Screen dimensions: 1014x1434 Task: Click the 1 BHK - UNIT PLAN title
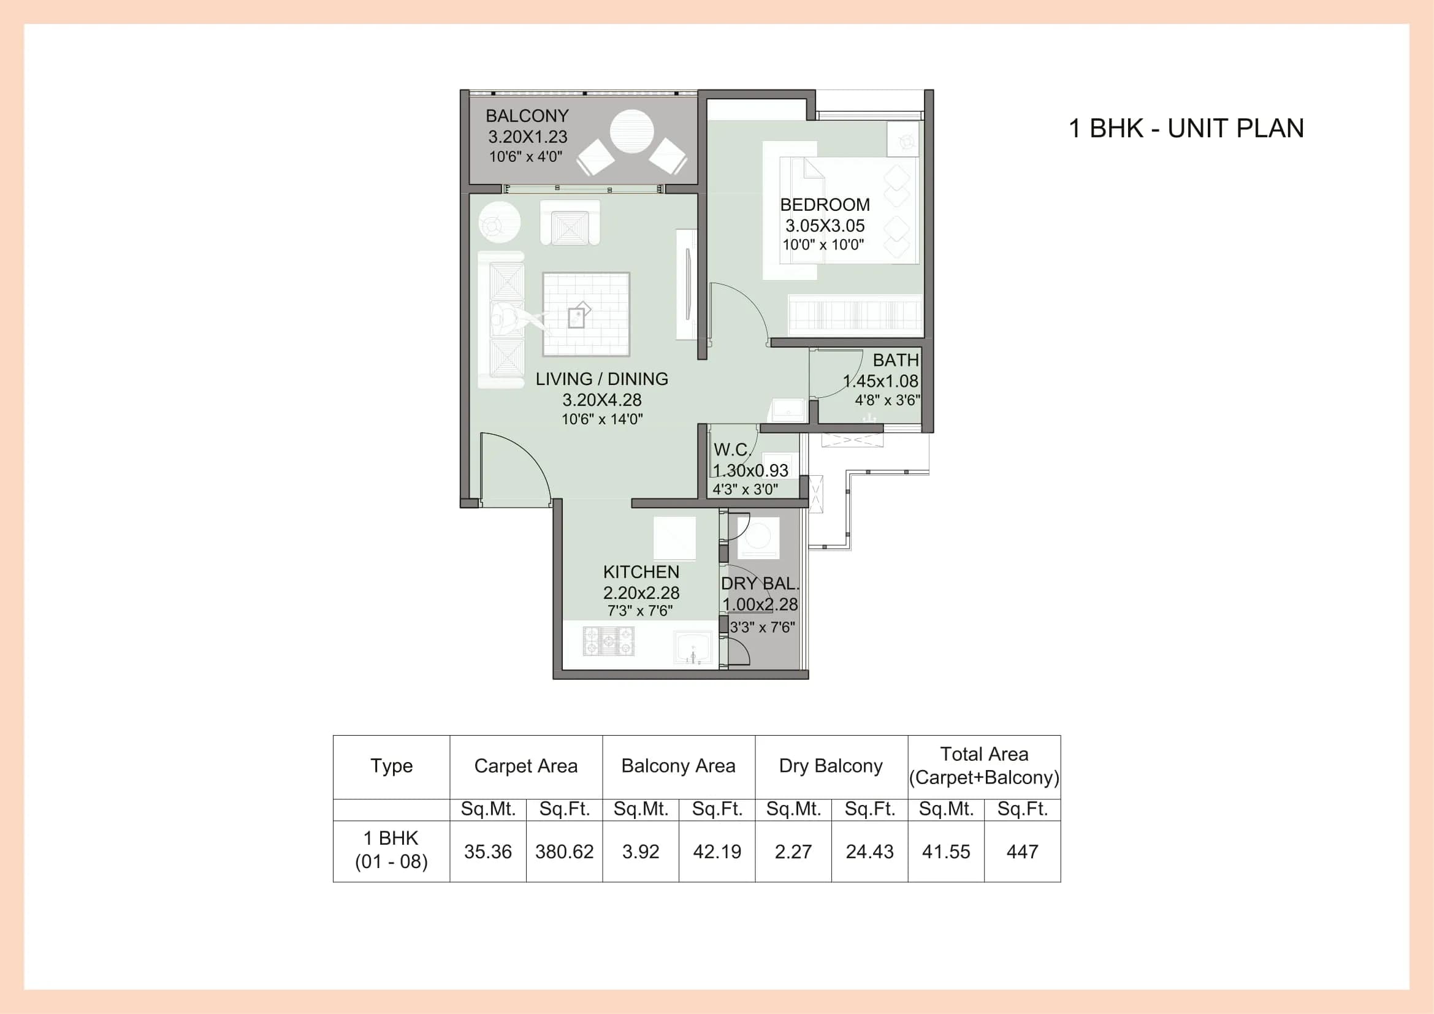pyautogui.click(x=1186, y=128)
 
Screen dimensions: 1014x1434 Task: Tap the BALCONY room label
pyautogui.click(x=527, y=116)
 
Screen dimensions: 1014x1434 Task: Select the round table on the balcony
pyautogui.click(x=631, y=132)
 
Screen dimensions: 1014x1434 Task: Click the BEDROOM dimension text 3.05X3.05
pyautogui.click(x=825, y=226)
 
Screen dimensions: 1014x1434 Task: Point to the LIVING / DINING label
pyautogui.click(x=601, y=379)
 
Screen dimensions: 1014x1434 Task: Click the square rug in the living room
pyautogui.click(x=586, y=314)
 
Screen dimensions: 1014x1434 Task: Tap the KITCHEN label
pyautogui.click(x=641, y=572)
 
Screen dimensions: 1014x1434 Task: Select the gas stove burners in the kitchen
pyautogui.click(x=608, y=641)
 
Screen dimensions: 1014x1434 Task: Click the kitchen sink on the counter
pyautogui.click(x=693, y=647)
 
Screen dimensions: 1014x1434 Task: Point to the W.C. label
pyautogui.click(x=731, y=449)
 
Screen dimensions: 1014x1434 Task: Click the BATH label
pyautogui.click(x=895, y=360)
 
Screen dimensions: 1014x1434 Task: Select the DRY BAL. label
pyautogui.click(x=760, y=584)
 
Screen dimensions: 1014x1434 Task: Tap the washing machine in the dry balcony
pyautogui.click(x=758, y=537)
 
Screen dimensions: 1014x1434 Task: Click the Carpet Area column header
pyautogui.click(x=525, y=766)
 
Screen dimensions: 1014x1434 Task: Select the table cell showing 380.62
pyautogui.click(x=564, y=852)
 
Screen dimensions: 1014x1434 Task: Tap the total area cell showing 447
pyautogui.click(x=1022, y=852)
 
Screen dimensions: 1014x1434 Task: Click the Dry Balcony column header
pyautogui.click(x=831, y=766)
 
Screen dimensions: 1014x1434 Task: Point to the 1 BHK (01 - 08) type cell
pyautogui.click(x=391, y=850)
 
